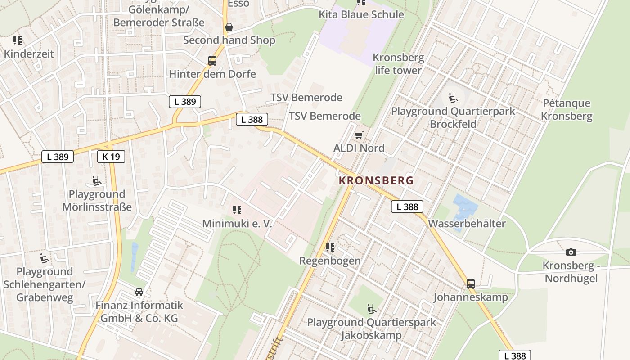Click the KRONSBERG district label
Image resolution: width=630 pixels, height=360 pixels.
point(376,180)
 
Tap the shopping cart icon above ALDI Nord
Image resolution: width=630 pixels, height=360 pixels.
point(359,135)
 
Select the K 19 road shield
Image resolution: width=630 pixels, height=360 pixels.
point(111,157)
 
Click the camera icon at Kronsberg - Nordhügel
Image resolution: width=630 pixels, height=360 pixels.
point(571,252)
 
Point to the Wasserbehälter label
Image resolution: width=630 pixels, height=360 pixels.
point(467,223)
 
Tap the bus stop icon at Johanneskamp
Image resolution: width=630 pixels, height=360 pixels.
point(471,283)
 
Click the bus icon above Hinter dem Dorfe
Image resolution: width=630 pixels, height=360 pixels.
point(212,61)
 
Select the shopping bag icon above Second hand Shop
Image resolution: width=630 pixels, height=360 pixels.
point(229,27)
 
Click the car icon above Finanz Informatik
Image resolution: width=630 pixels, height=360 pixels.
point(139,292)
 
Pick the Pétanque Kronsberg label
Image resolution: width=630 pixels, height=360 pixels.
point(566,109)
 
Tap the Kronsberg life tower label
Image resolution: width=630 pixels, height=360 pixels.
point(398,64)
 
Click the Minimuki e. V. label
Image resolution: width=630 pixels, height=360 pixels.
point(237,223)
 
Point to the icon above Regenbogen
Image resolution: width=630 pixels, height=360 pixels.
point(330,247)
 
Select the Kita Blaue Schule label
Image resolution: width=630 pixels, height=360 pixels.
point(361,14)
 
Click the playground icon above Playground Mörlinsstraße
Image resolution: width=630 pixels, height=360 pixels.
point(96,181)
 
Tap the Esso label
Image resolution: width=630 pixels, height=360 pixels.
point(238,4)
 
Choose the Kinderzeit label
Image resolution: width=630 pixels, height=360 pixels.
point(28,54)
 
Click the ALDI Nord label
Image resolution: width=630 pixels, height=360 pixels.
point(359,148)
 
